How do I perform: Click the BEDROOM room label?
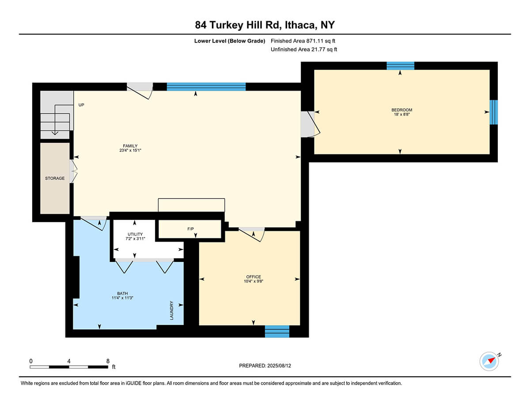point(402,110)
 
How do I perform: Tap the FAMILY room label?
point(130,146)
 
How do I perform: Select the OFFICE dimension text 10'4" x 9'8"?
point(254,281)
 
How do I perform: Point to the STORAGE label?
point(55,178)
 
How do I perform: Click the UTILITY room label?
point(135,234)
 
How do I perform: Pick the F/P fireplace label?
point(190,229)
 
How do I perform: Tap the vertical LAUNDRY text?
point(171,310)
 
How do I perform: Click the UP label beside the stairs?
point(81,105)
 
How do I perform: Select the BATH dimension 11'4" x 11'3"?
point(122,298)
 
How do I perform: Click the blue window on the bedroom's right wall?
point(494,112)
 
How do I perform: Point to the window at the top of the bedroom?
point(401,66)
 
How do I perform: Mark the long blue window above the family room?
point(206,87)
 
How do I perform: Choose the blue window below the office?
point(277,331)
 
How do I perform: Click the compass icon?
point(489,361)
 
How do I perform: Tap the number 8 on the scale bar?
point(108,361)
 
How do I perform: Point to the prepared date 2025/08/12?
point(279,366)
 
